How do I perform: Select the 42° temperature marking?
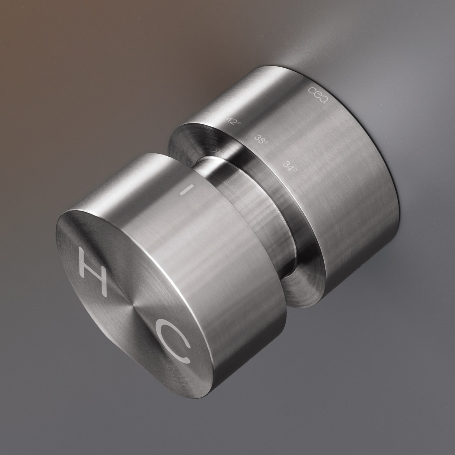234,121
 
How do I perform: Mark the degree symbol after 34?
295,170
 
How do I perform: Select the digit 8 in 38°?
261,140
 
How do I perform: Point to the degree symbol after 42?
239,123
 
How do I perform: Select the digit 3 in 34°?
286,164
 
